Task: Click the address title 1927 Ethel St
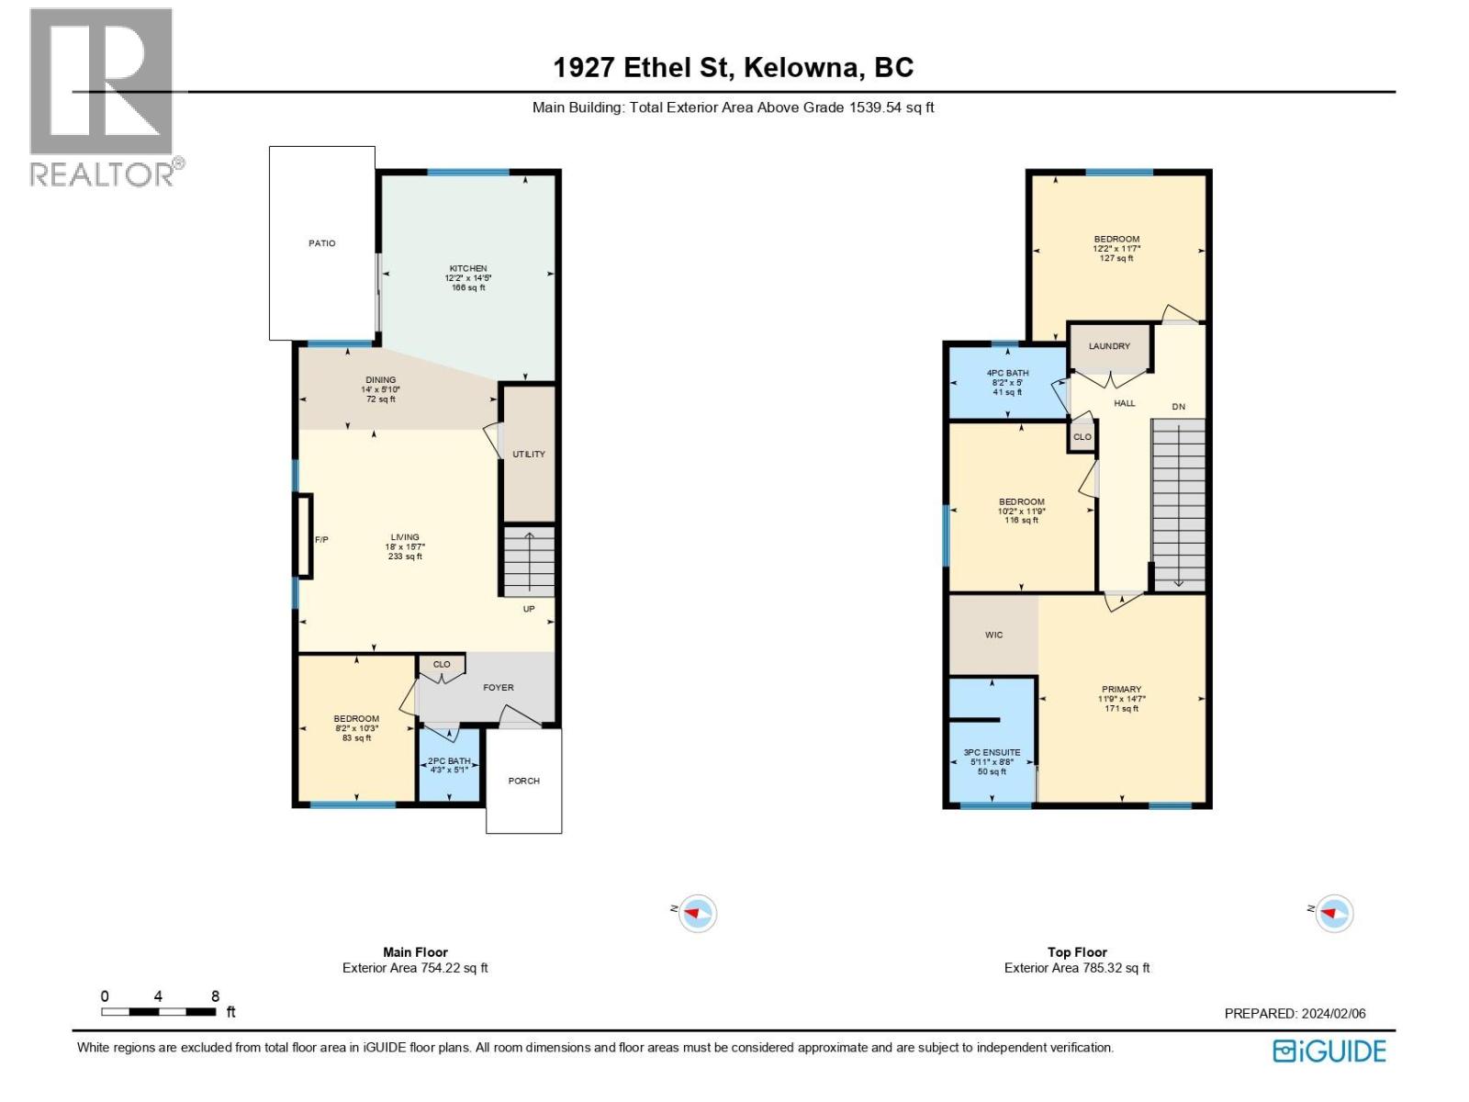[x=733, y=67]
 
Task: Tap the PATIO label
[x=321, y=243]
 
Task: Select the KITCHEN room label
[x=467, y=269]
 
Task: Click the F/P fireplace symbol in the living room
[x=304, y=537]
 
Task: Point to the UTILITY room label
[x=529, y=455]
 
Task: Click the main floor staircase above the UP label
[x=530, y=561]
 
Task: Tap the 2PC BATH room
[x=450, y=761]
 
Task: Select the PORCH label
[x=524, y=781]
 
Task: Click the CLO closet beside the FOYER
[x=442, y=664]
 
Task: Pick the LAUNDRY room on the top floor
[x=1109, y=346]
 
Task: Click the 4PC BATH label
[x=1007, y=374]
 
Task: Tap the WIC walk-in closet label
[x=993, y=635]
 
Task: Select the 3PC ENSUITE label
[x=992, y=753]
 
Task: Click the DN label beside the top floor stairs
[x=1178, y=407]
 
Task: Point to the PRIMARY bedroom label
[x=1121, y=690]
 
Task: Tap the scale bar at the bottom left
[x=159, y=1011]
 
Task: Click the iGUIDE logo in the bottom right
[x=1329, y=1051]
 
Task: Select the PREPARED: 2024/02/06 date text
[x=1295, y=1014]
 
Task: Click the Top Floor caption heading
[x=1077, y=952]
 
